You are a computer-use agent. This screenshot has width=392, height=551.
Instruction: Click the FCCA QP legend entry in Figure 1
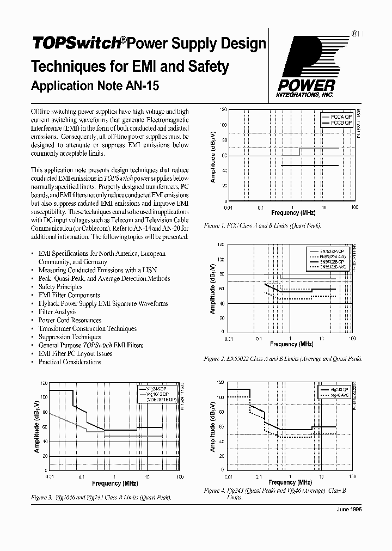pyautogui.click(x=339, y=117)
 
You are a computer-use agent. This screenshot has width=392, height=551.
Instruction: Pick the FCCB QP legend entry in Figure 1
pyautogui.click(x=339, y=123)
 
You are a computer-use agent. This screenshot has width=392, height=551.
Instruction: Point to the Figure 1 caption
pyautogui.click(x=262, y=225)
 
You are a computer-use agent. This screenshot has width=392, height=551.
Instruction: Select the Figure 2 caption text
pyautogui.click(x=282, y=359)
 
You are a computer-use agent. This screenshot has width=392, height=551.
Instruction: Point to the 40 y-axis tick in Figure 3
pyautogui.click(x=45, y=442)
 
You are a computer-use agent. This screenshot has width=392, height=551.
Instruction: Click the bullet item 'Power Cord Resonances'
pyautogui.click(x=69, y=320)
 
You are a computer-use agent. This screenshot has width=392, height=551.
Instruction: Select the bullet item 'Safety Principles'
pyautogui.click(x=60, y=286)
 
